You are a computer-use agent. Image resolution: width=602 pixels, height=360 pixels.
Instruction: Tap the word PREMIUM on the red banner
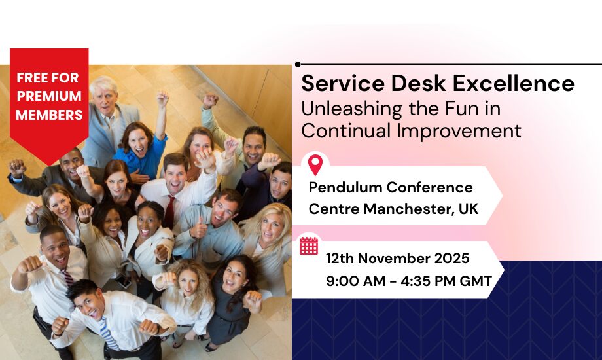click(49, 96)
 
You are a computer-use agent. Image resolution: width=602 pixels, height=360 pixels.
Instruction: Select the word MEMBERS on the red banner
click(49, 115)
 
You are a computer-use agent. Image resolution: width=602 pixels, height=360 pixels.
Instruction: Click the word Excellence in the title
click(513, 83)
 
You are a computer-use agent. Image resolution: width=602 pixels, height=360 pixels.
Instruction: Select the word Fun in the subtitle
click(460, 109)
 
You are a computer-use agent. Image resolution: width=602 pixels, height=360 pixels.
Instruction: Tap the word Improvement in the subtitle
click(459, 132)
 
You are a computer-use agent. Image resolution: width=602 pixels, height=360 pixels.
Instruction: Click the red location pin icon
click(315, 165)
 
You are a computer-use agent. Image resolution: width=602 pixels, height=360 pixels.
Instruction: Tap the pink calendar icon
click(309, 245)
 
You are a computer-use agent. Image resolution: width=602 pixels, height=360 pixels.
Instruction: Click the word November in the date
click(394, 258)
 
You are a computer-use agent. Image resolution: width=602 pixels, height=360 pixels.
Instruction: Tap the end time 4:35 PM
click(428, 281)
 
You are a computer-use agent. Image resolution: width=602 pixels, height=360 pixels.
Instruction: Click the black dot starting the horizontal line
click(298, 65)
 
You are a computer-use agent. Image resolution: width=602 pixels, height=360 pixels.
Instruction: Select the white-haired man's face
click(105, 98)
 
